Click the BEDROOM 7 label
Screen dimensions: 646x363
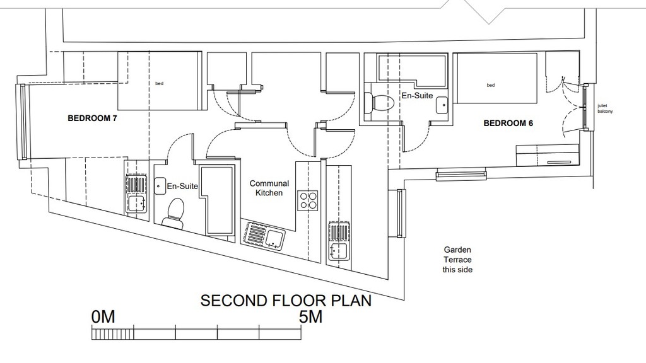coord(92,118)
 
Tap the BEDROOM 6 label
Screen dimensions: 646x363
coord(508,123)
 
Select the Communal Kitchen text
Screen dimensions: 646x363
coord(269,188)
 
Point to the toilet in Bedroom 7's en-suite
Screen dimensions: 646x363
coord(174,212)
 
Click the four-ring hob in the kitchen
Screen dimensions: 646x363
coord(308,201)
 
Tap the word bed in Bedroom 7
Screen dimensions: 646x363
coord(160,84)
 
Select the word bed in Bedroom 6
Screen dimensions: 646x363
coord(491,85)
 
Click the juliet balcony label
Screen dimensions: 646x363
coord(605,108)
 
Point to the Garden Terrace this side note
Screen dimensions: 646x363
coord(457,260)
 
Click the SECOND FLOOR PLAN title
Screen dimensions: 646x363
coord(286,301)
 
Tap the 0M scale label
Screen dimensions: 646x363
coord(103,317)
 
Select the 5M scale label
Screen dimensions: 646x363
coord(310,317)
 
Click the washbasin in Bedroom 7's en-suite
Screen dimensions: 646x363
coord(160,186)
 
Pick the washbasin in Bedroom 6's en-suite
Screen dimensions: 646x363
coord(442,105)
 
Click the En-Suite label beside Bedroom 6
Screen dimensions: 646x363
coord(418,96)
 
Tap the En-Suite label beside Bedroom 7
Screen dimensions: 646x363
coord(182,187)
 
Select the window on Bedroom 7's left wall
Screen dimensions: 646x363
coord(22,122)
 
